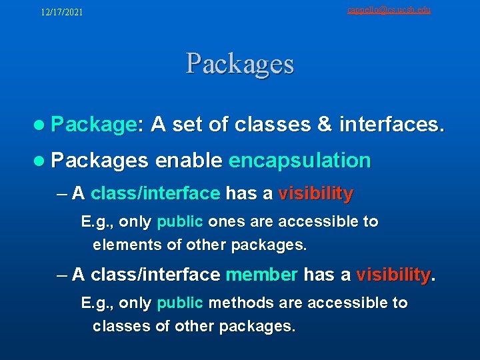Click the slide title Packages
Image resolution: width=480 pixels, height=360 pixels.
pyautogui.click(x=240, y=64)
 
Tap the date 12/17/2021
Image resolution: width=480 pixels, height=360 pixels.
pyautogui.click(x=62, y=12)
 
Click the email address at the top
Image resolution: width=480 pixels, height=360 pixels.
pyautogui.click(x=389, y=9)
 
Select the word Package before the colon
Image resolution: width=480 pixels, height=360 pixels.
pyautogui.click(x=93, y=124)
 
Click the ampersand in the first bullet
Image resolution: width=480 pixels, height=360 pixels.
pyautogui.click(x=323, y=124)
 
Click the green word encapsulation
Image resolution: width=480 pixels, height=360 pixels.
pyautogui.click(x=299, y=160)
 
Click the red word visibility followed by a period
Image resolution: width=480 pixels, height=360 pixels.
pyautogui.click(x=393, y=274)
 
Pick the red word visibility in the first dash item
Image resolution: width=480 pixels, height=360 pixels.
pyautogui.click(x=315, y=194)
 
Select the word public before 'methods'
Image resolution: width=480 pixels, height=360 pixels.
pyautogui.click(x=179, y=303)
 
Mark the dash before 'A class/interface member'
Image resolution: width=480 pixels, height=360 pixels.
pyautogui.click(x=63, y=274)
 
